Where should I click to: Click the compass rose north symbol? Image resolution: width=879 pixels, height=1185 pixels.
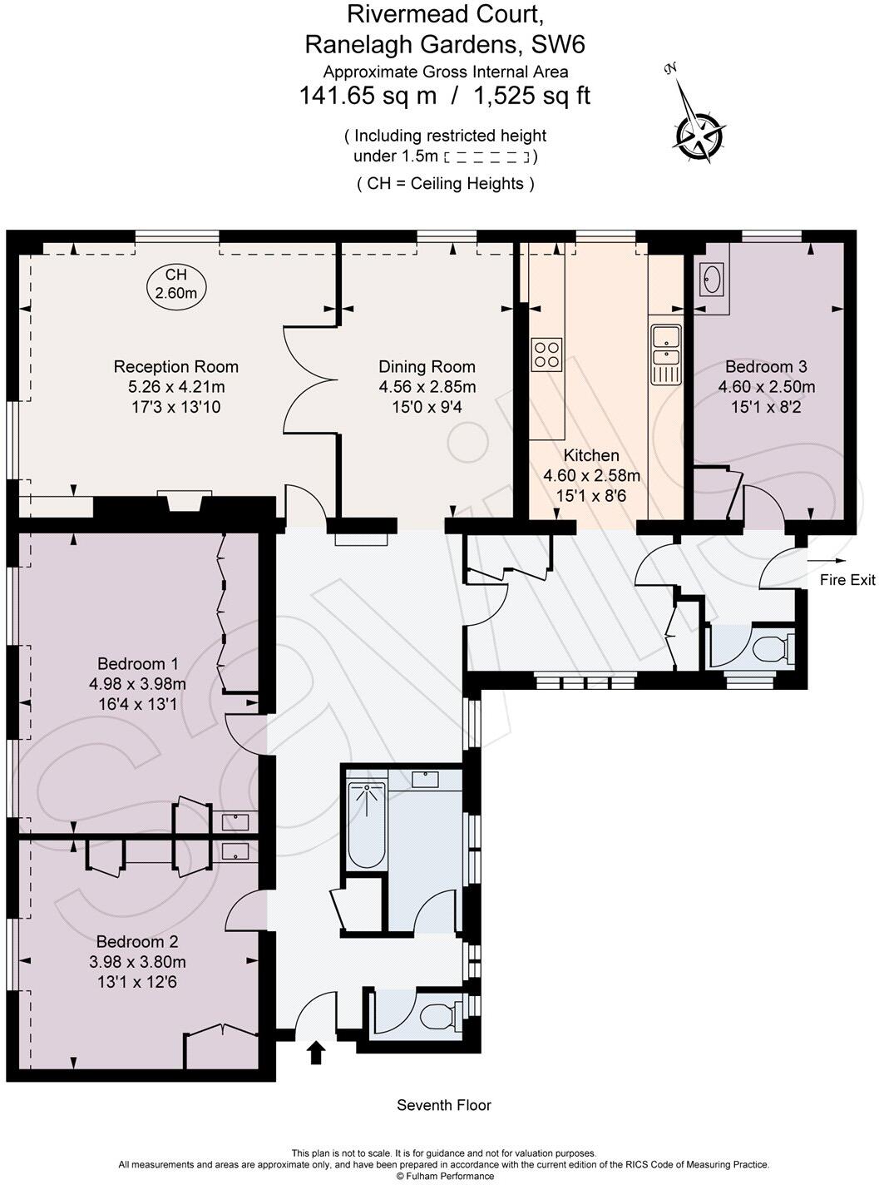(x=697, y=134)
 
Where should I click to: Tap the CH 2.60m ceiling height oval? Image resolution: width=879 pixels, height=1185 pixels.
(x=176, y=284)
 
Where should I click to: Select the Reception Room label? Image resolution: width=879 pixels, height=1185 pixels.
(x=175, y=366)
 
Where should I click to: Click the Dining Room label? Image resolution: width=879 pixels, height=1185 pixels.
(x=427, y=366)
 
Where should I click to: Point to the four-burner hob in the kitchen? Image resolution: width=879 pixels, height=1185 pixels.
(x=546, y=354)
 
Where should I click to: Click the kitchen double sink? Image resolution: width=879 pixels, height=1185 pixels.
(x=665, y=355)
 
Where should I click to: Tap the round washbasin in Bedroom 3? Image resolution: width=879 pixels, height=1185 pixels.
(x=711, y=279)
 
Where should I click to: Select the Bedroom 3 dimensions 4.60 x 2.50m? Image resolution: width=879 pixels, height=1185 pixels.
(x=766, y=387)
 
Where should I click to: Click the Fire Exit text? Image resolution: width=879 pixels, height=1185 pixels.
(x=847, y=580)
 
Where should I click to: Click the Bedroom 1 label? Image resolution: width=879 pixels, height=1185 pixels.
(x=137, y=663)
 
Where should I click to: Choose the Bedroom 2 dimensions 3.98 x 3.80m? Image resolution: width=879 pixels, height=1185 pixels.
(x=137, y=962)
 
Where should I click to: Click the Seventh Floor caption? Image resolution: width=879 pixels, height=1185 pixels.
(x=443, y=1105)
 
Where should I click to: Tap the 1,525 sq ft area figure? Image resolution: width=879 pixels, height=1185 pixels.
(x=531, y=96)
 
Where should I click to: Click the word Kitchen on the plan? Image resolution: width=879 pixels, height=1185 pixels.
(x=591, y=455)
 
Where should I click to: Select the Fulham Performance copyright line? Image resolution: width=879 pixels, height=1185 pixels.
(x=444, y=1176)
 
